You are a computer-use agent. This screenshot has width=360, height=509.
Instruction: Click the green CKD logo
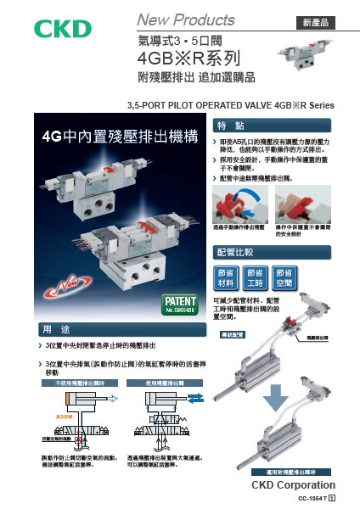click(x=62, y=29)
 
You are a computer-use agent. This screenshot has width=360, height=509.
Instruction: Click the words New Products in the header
click(x=186, y=19)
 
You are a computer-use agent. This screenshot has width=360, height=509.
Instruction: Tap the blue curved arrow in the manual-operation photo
click(x=251, y=200)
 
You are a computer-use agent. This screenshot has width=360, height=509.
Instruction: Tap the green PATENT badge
click(x=178, y=304)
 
